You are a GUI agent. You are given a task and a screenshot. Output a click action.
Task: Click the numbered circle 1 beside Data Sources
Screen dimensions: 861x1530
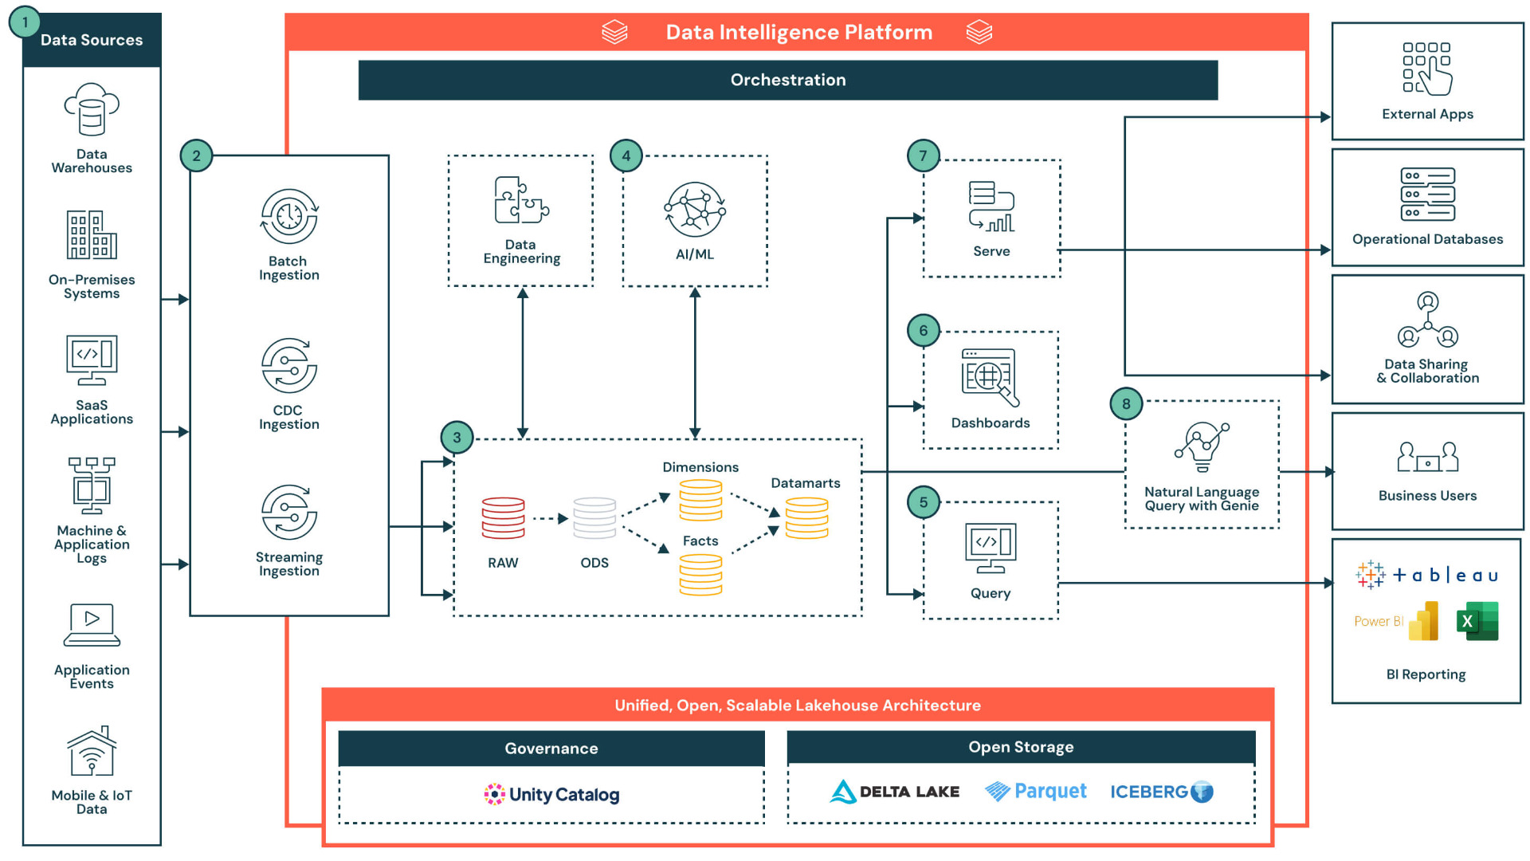(25, 23)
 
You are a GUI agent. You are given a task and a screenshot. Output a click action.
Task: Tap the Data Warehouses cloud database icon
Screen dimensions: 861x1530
(92, 110)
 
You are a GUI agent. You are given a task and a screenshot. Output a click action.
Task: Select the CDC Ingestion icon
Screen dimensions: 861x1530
(288, 365)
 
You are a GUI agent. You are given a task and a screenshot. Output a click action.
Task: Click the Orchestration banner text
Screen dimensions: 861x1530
(787, 80)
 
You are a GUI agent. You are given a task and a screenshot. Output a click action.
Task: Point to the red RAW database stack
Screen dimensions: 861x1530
(503, 518)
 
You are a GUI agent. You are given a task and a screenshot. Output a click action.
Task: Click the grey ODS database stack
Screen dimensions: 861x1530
(594, 518)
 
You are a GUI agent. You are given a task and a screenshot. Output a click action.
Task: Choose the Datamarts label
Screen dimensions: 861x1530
(805, 483)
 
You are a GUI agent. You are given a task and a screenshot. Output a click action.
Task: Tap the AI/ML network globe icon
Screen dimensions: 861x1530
(695, 210)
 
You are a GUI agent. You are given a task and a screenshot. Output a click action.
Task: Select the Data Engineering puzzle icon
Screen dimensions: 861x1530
(521, 200)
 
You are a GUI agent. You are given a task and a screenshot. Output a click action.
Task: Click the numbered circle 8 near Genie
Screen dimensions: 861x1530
(1125, 403)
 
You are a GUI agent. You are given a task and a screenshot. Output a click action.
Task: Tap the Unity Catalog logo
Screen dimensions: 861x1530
(551, 794)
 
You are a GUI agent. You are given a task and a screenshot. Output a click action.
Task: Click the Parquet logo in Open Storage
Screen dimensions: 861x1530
(1035, 791)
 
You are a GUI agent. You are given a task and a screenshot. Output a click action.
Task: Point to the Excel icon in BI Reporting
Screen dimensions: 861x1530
(1477, 621)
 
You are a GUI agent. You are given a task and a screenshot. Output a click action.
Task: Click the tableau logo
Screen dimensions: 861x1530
(1426, 575)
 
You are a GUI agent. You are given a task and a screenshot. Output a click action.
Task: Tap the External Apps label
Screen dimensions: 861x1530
(1427, 114)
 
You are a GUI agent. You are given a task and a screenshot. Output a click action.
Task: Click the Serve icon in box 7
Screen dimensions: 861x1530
(991, 206)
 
